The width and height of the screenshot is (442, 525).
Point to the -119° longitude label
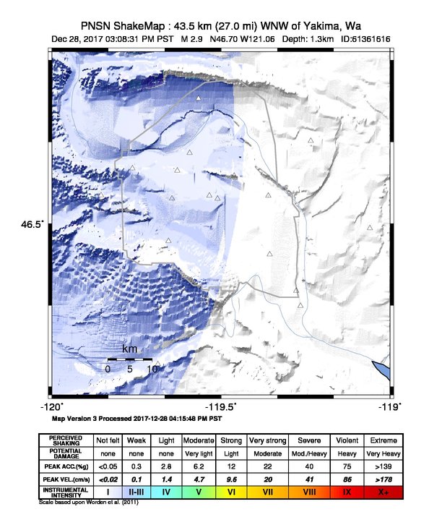pos(391,406)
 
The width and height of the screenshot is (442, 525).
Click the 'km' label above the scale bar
pos(129,349)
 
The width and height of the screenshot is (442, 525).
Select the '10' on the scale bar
pos(152,369)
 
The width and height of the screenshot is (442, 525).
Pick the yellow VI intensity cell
pos(231,492)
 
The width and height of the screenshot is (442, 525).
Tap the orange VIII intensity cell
pos(308,492)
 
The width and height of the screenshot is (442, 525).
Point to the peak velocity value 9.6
pos(231,478)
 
